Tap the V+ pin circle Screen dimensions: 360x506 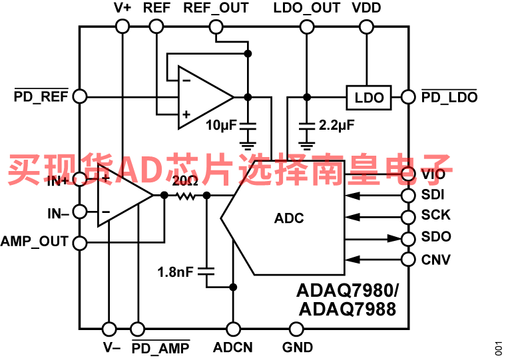click(122, 26)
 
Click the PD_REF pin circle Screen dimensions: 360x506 click(79, 96)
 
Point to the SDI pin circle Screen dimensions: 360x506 click(407, 196)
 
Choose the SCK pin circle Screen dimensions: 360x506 click(407, 216)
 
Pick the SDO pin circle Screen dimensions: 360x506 click(407, 238)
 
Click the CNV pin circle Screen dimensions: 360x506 click(407, 259)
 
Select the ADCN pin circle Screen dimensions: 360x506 click(233, 329)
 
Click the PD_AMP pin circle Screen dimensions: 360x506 click(137, 329)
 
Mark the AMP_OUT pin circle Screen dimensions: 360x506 click(79, 243)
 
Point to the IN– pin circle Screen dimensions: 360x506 click(79, 213)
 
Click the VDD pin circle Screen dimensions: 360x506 click(366, 26)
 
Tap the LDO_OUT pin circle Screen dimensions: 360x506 click(306, 26)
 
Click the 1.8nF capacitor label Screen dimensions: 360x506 click(176, 271)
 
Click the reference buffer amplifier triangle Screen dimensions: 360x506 click(203, 97)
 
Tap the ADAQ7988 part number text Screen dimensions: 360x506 click(347, 309)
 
